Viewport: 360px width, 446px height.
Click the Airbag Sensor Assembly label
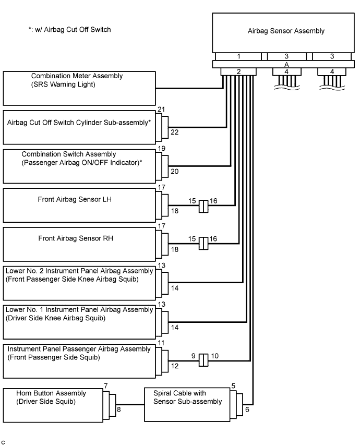click(x=286, y=31)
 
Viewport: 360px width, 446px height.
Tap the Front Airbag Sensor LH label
click(x=75, y=199)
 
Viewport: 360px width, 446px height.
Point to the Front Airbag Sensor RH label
click(x=76, y=238)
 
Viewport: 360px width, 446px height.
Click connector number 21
click(x=161, y=110)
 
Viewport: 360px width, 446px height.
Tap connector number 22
click(x=174, y=132)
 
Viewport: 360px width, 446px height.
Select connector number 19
click(x=161, y=149)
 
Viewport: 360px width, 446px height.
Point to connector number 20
click(x=174, y=172)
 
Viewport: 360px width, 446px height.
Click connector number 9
click(x=193, y=356)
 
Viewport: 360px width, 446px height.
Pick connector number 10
click(x=214, y=356)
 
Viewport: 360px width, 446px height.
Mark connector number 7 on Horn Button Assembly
click(x=105, y=386)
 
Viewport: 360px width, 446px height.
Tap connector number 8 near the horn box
click(x=118, y=409)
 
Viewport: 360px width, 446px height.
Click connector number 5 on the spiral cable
click(x=233, y=386)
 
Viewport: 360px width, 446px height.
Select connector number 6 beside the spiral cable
click(x=247, y=409)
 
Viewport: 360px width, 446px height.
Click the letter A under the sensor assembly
click(x=286, y=65)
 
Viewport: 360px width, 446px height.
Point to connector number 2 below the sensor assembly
click(x=238, y=71)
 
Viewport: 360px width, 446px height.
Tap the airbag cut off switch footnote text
click(x=70, y=30)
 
